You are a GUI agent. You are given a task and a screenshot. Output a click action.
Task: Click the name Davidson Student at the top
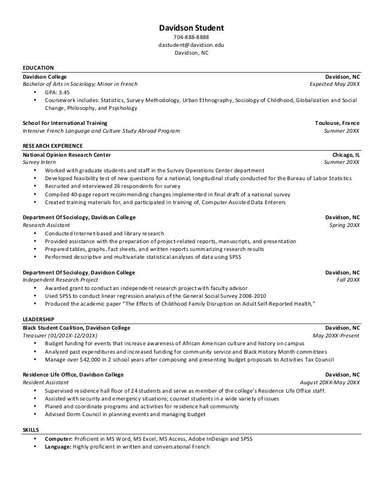point(191,28)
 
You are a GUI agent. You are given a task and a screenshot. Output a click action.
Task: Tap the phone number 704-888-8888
point(191,38)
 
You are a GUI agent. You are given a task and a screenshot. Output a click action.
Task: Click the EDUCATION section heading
point(38,68)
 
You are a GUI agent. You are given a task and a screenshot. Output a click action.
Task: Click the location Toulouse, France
point(337,122)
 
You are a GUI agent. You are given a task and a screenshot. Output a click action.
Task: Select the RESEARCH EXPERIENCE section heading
point(53,146)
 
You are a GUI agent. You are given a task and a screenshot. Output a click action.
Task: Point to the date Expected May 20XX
point(335,85)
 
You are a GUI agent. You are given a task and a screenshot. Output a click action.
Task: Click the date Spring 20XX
point(345,225)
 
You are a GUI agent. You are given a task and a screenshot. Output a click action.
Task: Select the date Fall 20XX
point(348,280)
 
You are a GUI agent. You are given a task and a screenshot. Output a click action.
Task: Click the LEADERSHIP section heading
point(38,319)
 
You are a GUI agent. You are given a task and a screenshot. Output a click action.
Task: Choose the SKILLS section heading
point(29,431)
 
